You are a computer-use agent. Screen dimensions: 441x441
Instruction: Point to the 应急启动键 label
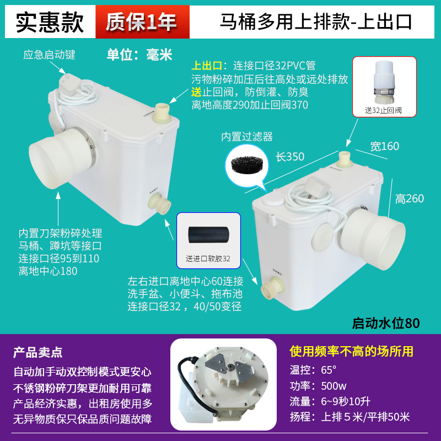[49, 55]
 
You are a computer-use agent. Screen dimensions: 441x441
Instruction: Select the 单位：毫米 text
[139, 55]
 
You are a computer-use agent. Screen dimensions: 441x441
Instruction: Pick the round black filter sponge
[245, 164]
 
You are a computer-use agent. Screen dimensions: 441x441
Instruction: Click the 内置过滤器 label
[248, 136]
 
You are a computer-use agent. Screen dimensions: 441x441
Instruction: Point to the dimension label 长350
[290, 157]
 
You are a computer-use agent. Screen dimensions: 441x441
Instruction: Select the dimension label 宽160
[385, 146]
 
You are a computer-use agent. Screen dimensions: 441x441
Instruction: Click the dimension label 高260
[410, 198]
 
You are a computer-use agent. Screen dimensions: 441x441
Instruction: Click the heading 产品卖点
[38, 352]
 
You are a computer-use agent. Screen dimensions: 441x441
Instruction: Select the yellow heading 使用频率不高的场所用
[351, 351]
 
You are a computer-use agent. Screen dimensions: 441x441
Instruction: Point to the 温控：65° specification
[313, 369]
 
